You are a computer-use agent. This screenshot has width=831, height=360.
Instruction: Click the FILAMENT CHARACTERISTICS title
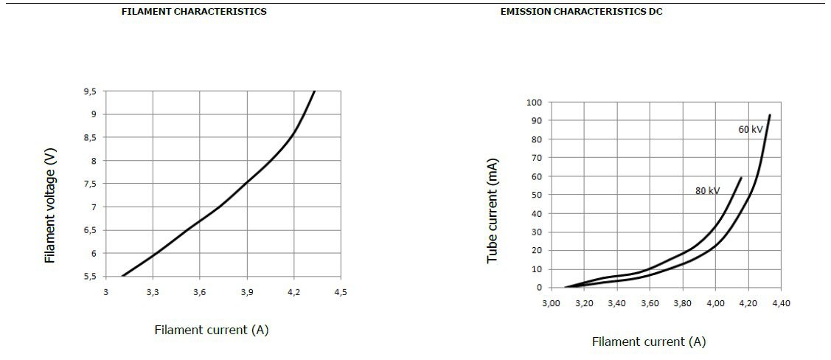194,12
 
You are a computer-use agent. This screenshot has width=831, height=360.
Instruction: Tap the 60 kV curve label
751,129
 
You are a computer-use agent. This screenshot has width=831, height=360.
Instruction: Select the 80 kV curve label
707,191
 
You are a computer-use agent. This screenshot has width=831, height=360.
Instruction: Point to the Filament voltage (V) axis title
50,205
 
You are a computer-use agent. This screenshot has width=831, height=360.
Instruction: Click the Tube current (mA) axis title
493,211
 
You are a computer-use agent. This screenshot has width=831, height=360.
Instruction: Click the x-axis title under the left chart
211,330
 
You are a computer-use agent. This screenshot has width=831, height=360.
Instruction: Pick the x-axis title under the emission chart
648,342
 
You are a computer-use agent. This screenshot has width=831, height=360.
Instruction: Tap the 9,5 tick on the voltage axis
88,91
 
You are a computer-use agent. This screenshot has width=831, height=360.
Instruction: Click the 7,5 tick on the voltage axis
88,184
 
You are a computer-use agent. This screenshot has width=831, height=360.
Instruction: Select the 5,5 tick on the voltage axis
88,277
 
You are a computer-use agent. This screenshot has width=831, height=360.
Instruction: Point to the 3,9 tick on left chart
246,293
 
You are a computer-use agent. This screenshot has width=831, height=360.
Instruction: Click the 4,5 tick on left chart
340,293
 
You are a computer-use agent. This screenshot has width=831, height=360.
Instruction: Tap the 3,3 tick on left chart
152,293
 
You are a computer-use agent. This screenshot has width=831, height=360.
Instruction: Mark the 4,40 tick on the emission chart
781,303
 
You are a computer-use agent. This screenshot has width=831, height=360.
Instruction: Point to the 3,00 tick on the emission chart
551,303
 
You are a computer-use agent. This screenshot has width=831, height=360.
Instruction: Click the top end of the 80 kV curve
741,178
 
